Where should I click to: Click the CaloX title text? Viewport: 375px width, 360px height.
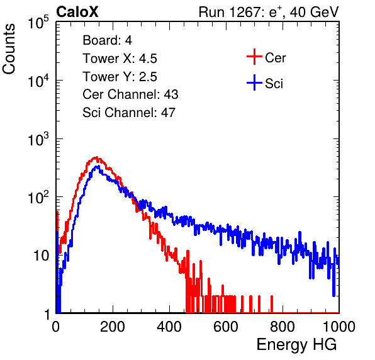(77, 12)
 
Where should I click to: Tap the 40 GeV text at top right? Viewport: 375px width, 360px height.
(314, 12)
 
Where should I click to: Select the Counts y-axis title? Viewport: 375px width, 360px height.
(9, 49)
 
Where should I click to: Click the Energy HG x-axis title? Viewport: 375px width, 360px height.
(296, 345)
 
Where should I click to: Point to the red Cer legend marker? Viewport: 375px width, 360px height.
(254, 57)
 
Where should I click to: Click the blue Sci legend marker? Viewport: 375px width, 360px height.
(254, 83)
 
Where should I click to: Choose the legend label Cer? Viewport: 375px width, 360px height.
(275, 58)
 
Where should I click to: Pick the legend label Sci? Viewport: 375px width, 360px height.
(274, 84)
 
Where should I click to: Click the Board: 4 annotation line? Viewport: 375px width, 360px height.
(108, 40)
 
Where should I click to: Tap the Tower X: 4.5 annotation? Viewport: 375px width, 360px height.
(120, 59)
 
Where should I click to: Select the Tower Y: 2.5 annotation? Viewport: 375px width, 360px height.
(120, 77)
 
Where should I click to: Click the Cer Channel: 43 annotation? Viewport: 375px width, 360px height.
(130, 94)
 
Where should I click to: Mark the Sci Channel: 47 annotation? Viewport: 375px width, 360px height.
(129, 113)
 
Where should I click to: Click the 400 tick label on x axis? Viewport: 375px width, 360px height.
(169, 327)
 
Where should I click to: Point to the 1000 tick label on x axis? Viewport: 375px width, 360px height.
(339, 327)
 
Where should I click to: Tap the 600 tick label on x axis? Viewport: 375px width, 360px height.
(226, 327)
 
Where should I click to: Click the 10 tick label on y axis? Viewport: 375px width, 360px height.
(42, 256)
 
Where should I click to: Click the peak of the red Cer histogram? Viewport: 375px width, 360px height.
(96, 157)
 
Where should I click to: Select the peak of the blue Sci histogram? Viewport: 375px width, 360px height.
(97, 166)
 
